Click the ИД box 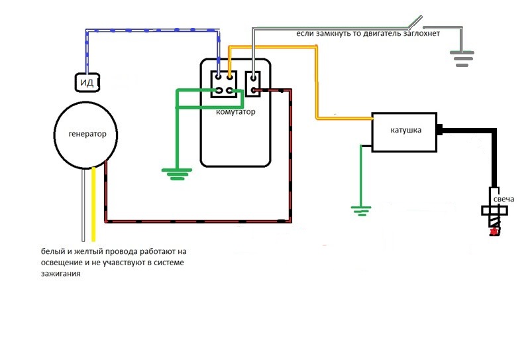pos(87,82)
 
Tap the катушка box pos(405,131)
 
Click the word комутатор pos(236,112)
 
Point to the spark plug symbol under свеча pos(495,213)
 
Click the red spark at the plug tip pos(493,232)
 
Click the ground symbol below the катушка pos(360,211)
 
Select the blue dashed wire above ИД pos(152,30)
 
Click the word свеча pos(501,198)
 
